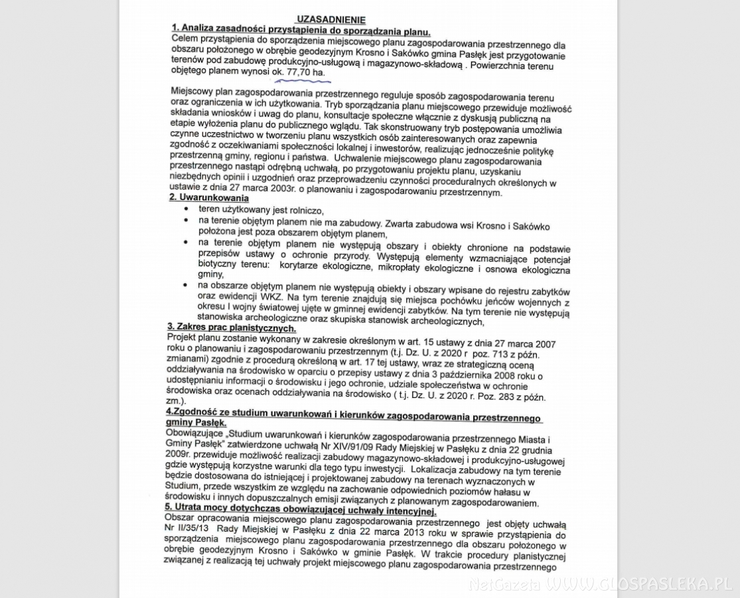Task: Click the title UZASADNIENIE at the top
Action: (x=331, y=20)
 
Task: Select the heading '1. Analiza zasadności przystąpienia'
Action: (x=301, y=31)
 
